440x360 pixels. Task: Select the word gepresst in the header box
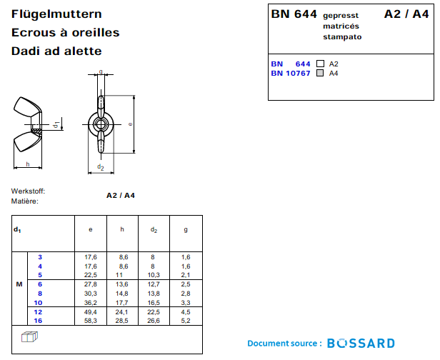point(341,15)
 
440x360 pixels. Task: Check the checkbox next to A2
point(320,64)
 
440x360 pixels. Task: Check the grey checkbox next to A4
point(320,73)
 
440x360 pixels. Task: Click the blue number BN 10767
point(291,73)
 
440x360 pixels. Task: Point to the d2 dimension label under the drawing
point(101,168)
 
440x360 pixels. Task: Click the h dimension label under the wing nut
point(27,164)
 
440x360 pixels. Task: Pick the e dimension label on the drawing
point(130,124)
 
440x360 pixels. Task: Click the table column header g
point(186,229)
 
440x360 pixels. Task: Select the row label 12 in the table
point(40,312)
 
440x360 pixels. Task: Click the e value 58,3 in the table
point(91,321)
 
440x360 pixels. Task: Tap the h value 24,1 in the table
point(122,312)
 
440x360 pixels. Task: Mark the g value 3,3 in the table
point(186,302)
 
